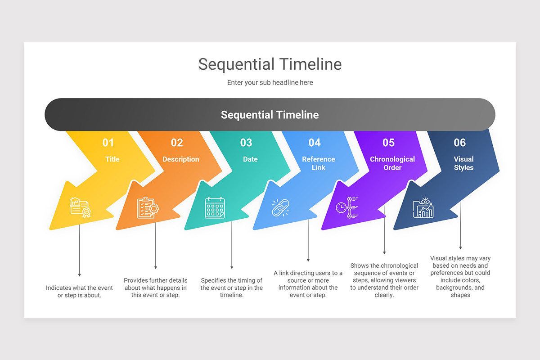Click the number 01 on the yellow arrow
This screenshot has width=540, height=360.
point(108,143)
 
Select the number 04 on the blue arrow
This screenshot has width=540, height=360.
point(315,143)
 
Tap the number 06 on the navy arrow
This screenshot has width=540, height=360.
point(459,143)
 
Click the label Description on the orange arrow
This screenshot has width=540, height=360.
point(180,159)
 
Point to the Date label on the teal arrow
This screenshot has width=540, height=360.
point(250,159)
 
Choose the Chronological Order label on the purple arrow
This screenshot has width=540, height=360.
point(392,163)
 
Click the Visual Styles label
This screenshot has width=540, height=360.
point(463,163)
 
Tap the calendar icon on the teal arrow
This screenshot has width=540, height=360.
point(215,208)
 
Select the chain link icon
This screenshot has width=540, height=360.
point(281,208)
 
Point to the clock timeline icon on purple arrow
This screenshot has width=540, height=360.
point(346,207)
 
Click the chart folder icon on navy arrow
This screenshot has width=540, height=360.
point(423,208)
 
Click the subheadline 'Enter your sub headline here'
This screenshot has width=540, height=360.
point(270,83)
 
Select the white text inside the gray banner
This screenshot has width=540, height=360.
point(270,115)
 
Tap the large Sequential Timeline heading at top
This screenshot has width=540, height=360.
point(270,64)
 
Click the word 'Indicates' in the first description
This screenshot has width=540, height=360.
point(60,288)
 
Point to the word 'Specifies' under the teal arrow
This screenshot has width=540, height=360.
point(214,280)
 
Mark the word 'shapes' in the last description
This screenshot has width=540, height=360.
point(460,295)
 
